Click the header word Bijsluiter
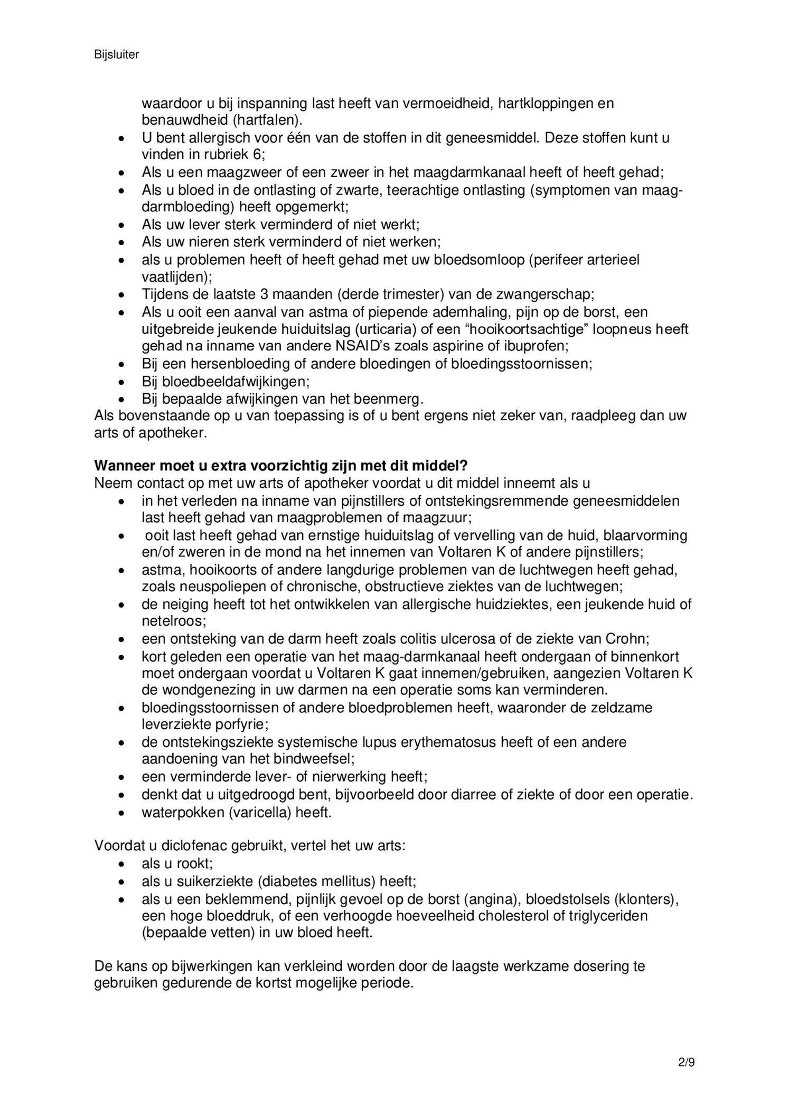pyautogui.click(x=116, y=55)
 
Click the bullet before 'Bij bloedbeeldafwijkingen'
pyautogui.click(x=121, y=382)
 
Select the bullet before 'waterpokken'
pyautogui.click(x=121, y=812)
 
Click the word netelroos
pyautogui.click(x=174, y=621)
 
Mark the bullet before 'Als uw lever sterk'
pyautogui.click(x=121, y=225)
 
